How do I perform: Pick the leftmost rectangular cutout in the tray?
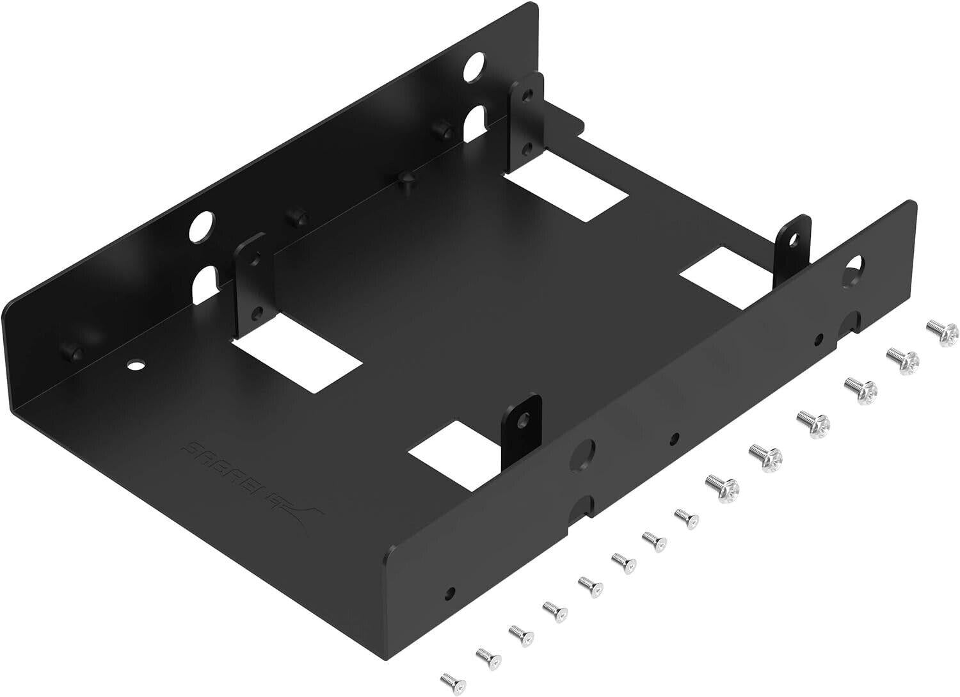pos(297,364)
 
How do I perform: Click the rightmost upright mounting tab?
pos(794,247)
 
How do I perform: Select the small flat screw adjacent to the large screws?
pos(684,515)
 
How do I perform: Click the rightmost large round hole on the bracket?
pos(854,268)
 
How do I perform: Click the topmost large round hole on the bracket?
pos(475,65)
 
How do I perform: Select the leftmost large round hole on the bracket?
pos(203,224)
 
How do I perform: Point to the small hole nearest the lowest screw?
pos(452,573)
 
